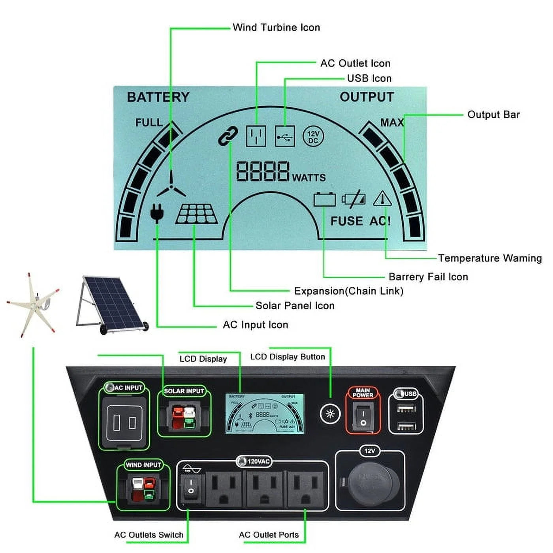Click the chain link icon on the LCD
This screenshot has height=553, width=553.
click(228, 136)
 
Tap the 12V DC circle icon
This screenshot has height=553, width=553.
click(313, 137)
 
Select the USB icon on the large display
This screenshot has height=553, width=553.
click(285, 137)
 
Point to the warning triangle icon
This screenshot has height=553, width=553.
click(382, 199)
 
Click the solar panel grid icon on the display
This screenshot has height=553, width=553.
click(197, 214)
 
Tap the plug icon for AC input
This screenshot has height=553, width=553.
click(157, 213)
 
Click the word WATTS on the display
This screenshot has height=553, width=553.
click(308, 178)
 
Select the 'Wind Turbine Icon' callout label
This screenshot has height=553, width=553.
click(276, 27)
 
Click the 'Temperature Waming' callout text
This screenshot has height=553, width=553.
click(489, 258)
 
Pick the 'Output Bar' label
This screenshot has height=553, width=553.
click(493, 115)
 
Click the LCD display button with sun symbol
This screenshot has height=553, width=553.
click(330, 414)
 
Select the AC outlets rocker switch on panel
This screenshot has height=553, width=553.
click(191, 487)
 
